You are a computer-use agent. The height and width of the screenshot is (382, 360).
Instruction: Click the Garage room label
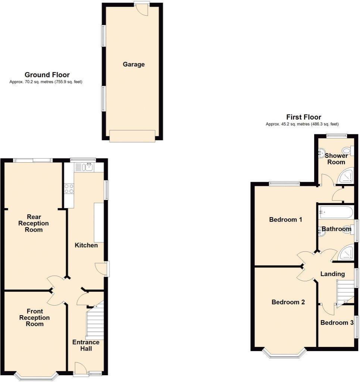tap(134, 65)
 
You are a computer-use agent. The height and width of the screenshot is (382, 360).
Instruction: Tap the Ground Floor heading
tap(47, 75)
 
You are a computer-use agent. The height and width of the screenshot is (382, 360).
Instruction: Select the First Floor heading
tap(303, 117)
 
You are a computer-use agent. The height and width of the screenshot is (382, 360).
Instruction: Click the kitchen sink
tap(89, 167)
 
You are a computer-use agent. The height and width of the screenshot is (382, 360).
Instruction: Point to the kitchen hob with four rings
tap(69, 188)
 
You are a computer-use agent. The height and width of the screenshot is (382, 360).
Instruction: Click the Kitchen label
tap(86, 245)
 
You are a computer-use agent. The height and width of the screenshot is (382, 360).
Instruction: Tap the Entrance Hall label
tap(86, 345)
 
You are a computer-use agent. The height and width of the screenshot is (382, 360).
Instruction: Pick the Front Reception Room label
tap(34, 317)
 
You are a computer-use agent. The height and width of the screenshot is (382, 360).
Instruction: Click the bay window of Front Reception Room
tap(37, 377)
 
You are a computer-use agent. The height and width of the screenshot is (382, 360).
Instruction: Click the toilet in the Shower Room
tap(347, 151)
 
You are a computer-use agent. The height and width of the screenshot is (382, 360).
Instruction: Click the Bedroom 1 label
tap(285, 220)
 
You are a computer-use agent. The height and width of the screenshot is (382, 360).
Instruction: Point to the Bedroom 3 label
tap(336, 323)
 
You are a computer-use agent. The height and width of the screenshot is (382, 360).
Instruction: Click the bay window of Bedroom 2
tap(284, 354)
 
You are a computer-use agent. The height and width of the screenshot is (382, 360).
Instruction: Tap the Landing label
tap(332, 274)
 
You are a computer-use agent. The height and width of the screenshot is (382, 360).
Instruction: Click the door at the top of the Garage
tap(142, 9)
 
